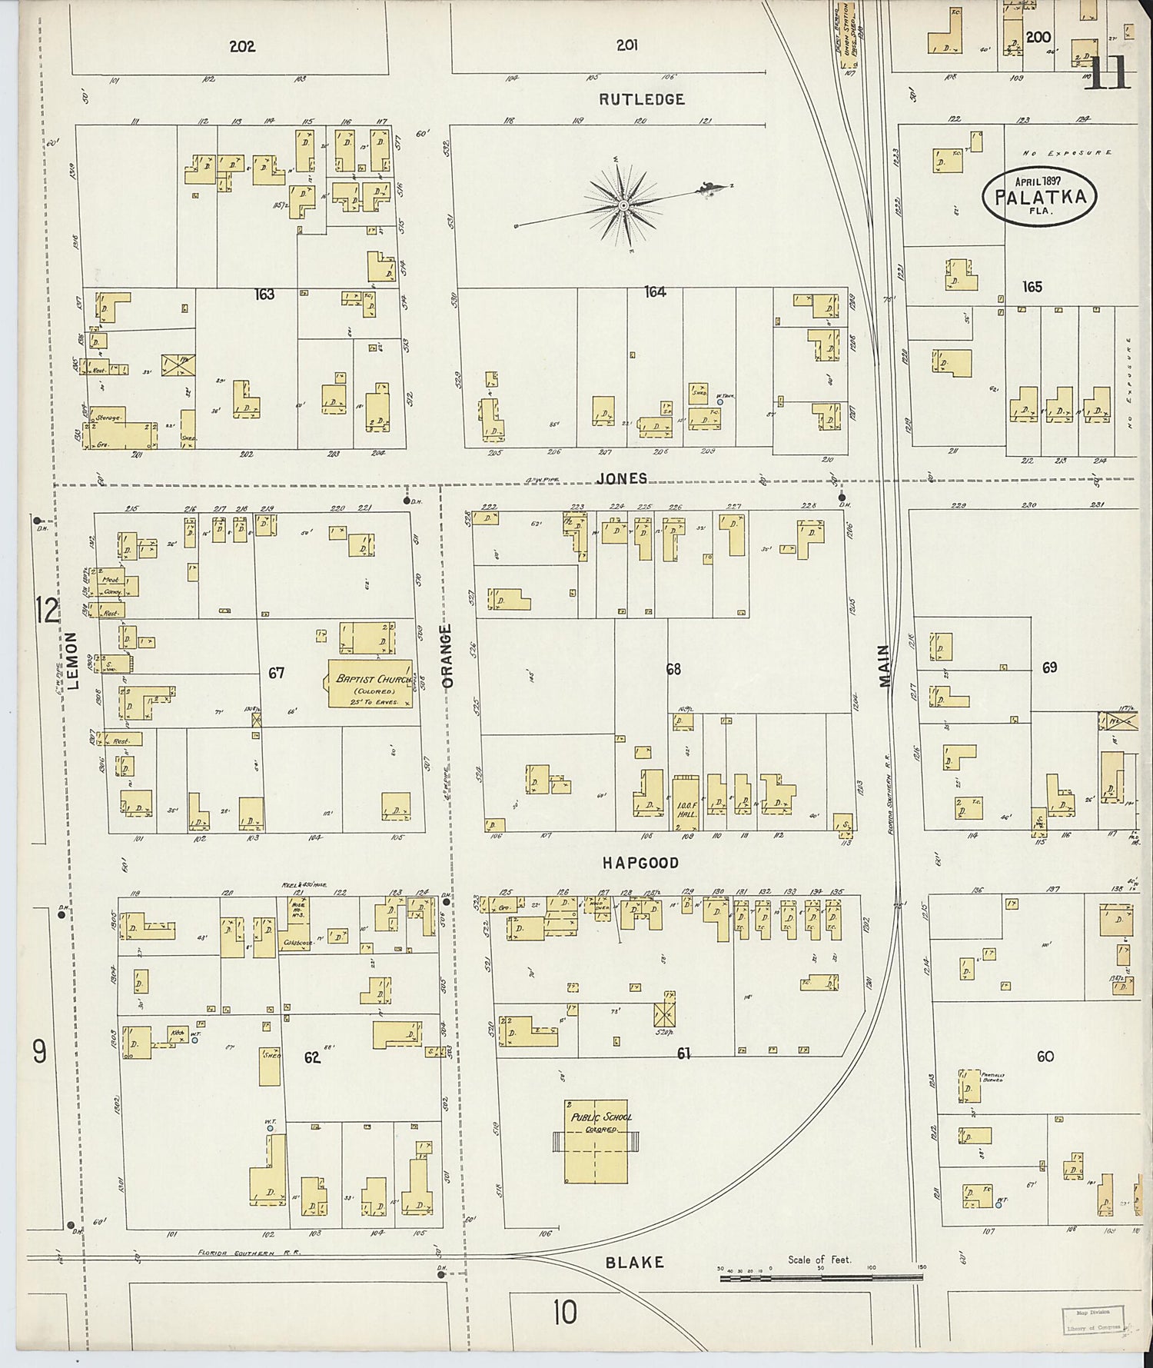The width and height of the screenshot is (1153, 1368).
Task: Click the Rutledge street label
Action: coord(642,99)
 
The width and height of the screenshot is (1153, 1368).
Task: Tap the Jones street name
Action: coord(622,478)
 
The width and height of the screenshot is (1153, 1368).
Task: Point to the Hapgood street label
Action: coord(640,863)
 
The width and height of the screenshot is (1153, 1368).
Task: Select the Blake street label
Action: coord(634,1262)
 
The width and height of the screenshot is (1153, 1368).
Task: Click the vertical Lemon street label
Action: coord(74,661)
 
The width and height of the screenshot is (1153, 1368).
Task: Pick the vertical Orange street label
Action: coord(447,655)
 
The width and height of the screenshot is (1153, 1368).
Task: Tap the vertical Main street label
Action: coord(883,667)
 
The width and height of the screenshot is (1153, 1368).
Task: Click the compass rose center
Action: coord(623,206)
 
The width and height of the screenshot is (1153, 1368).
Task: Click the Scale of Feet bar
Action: coord(820,1278)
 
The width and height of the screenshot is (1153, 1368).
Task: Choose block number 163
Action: coord(264,294)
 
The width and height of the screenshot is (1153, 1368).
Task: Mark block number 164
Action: coord(655,291)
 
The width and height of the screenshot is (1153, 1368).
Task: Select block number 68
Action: coord(673,669)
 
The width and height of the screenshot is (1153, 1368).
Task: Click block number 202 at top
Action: coord(242,46)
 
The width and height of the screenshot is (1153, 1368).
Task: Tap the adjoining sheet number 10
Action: coord(564,1313)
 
